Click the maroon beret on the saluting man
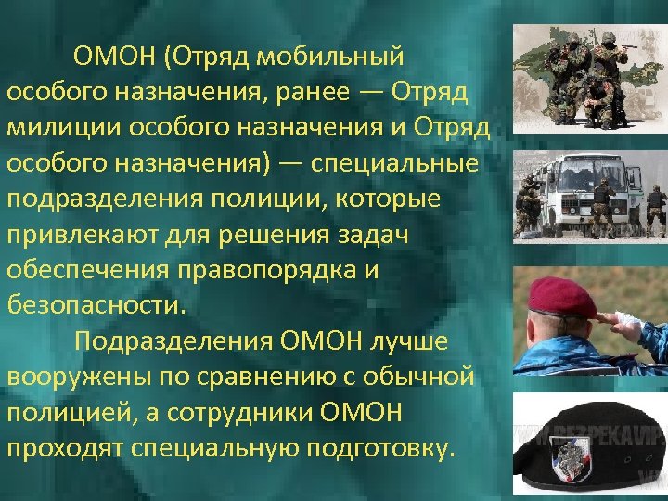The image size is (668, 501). [x=561, y=297]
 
